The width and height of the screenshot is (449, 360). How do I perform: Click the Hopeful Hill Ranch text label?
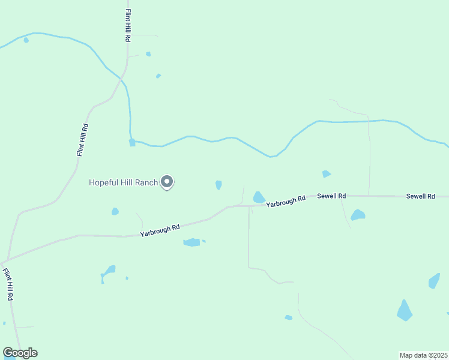click(123, 182)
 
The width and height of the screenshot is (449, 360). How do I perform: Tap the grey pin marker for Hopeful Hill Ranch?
click(167, 181)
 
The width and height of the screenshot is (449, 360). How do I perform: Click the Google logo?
click(20, 353)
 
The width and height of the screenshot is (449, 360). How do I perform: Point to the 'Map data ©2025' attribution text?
click(423, 355)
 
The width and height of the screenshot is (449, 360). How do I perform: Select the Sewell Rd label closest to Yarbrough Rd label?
click(332, 196)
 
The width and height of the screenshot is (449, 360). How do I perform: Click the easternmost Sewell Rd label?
click(420, 196)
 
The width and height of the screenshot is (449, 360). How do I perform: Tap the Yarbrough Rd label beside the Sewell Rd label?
click(286, 201)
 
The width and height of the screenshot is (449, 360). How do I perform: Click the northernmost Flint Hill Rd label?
click(128, 25)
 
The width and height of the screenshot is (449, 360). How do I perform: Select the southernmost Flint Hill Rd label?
click(8, 284)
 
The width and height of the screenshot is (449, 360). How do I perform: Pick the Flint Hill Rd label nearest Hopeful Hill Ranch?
click(83, 140)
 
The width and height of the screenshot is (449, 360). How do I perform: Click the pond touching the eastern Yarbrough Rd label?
click(259, 197)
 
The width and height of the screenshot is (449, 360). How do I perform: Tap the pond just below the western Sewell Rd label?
click(358, 215)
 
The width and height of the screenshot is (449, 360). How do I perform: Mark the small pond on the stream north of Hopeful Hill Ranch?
click(132, 143)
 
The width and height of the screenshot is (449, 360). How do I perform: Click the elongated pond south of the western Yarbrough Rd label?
click(191, 242)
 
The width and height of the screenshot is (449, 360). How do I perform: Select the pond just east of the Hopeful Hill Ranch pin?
click(218, 185)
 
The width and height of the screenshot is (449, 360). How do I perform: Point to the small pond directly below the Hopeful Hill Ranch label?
click(115, 211)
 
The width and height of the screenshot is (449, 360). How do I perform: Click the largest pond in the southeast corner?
click(405, 310)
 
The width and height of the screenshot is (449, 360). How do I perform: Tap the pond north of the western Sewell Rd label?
click(326, 174)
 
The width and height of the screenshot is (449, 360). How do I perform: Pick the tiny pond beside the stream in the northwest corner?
click(26, 40)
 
